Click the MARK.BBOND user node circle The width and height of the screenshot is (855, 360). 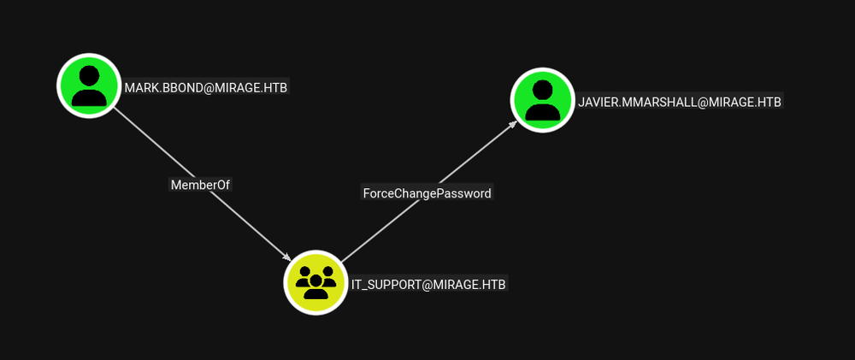pyautogui.click(x=89, y=86)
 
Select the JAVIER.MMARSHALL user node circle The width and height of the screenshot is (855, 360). pyautogui.click(x=542, y=100)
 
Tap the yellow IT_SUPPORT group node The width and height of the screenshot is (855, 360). pyautogui.click(x=315, y=282)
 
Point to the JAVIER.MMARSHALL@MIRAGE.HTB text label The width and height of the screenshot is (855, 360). pyautogui.click(x=679, y=102)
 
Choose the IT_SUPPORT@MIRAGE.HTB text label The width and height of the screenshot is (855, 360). pyautogui.click(x=428, y=284)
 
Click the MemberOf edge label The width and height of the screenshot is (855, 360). pyautogui.click(x=201, y=184)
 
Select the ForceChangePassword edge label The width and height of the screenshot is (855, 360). pyautogui.click(x=427, y=193)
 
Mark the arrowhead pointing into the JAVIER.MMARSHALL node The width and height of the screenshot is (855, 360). pyautogui.click(x=513, y=124)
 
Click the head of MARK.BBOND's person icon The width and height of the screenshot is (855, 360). pyautogui.click(x=89, y=75)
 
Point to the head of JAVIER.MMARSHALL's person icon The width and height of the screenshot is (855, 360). pyautogui.click(x=542, y=90)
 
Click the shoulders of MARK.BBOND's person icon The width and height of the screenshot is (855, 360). pyautogui.click(x=89, y=96)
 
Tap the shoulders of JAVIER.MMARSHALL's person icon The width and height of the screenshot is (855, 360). pyautogui.click(x=542, y=110)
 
